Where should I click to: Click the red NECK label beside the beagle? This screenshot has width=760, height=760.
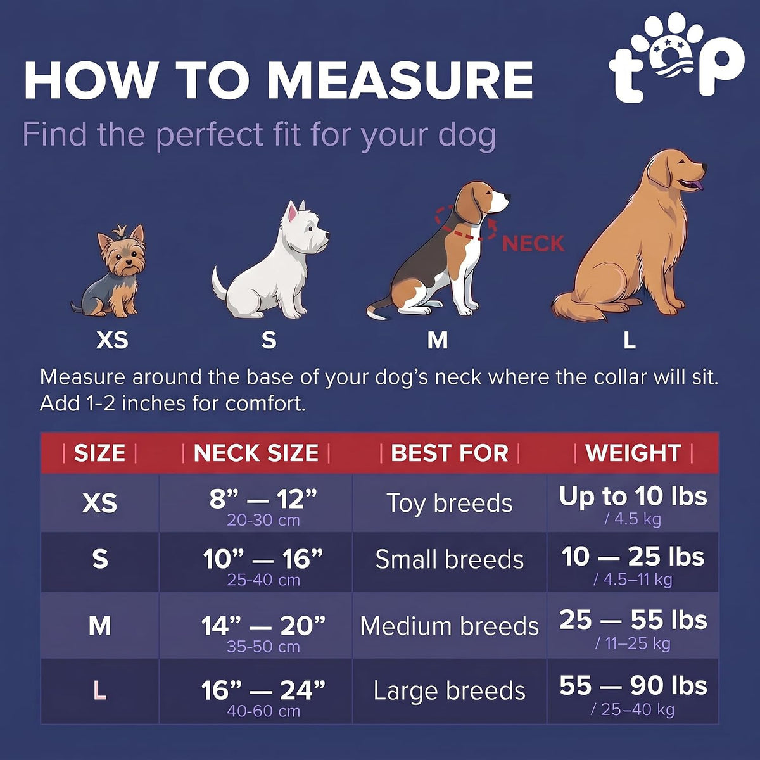(x=533, y=243)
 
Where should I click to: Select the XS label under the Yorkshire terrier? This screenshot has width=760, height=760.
(x=112, y=339)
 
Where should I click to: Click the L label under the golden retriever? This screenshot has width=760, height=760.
(x=630, y=339)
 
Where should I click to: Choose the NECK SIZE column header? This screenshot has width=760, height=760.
(x=256, y=453)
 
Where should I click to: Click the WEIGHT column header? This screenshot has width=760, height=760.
(x=633, y=453)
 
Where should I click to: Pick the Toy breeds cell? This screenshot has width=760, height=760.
(x=450, y=503)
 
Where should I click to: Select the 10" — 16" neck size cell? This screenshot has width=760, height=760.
(x=263, y=559)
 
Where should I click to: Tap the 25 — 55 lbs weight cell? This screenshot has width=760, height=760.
(x=633, y=620)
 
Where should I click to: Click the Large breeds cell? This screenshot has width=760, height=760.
(x=450, y=692)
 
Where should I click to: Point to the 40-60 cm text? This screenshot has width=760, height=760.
(x=263, y=711)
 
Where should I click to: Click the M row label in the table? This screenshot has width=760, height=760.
(x=100, y=626)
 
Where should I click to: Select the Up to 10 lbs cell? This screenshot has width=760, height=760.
(x=633, y=496)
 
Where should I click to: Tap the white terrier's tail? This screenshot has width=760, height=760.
(x=219, y=282)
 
